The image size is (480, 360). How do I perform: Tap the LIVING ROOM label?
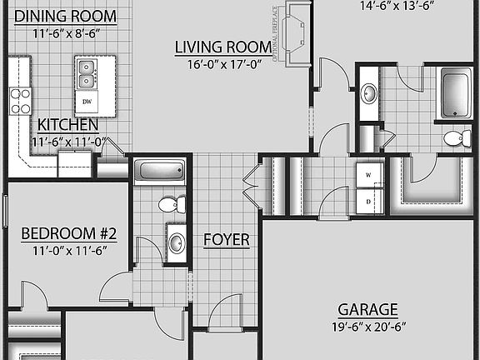click(222, 47)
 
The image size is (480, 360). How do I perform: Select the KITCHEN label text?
click(68, 125)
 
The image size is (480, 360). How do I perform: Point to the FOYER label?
click(227, 240)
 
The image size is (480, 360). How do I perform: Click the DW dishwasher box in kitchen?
click(87, 102)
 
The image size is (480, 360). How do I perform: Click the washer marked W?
click(368, 176)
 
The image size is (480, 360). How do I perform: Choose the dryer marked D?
click(368, 200)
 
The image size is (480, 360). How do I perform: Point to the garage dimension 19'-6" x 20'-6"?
click(367, 327)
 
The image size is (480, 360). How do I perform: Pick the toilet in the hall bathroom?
click(171, 203)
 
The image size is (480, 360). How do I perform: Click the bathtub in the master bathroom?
click(455, 93)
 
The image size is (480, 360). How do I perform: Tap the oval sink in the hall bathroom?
click(177, 243)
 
